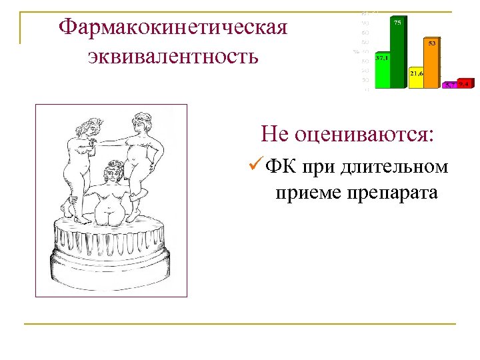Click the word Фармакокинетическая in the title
(173, 27)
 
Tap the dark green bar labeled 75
(397, 53)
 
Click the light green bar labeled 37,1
(382, 71)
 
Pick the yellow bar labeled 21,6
(417, 77)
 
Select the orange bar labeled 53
(432, 63)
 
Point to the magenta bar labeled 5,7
(451, 85)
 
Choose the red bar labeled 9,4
(465, 83)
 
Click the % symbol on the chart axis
(357, 51)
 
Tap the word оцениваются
(364, 135)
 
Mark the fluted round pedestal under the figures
(110, 253)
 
